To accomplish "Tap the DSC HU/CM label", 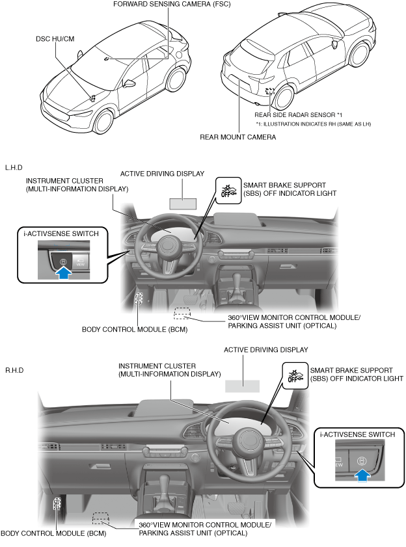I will [55, 39].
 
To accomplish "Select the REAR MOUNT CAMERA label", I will [237, 137].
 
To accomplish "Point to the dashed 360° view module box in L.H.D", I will [183, 312].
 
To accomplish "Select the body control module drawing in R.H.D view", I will [57, 503].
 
